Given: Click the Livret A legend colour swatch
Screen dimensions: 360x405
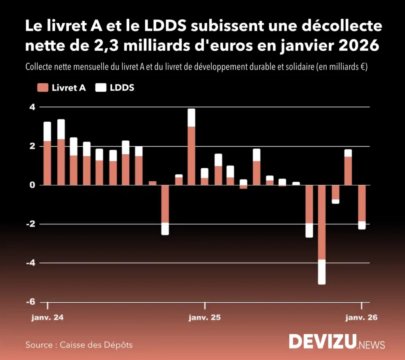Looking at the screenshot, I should pyautogui.click(x=42, y=88).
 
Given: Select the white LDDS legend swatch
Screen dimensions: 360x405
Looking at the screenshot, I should pyautogui.click(x=101, y=88).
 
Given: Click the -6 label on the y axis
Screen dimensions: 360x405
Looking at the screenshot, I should pyautogui.click(x=30, y=302).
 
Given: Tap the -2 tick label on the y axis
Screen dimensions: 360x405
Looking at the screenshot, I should pyautogui.click(x=30, y=224).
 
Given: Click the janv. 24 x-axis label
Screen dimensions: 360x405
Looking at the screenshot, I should pyautogui.click(x=47, y=318).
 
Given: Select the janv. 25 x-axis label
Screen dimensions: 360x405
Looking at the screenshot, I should pyautogui.click(x=204, y=318).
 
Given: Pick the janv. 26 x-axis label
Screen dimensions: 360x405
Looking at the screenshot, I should pyautogui.click(x=361, y=318).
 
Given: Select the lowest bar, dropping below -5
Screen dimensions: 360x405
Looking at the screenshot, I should pyautogui.click(x=322, y=233).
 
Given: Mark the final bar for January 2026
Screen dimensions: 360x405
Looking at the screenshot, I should pyautogui.click(x=361, y=205).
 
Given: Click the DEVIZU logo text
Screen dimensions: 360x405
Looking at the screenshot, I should pyautogui.click(x=322, y=341).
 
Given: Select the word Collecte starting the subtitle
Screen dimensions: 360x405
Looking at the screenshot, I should pyautogui.click(x=40, y=67).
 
